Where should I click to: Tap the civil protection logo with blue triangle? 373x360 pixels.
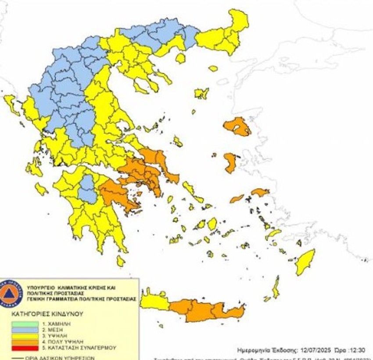tap(9, 293)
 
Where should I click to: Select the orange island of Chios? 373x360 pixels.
tap(230, 162)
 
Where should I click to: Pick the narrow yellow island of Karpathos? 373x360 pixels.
tap(276, 288)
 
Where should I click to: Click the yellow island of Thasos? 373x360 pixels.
tap(180, 58)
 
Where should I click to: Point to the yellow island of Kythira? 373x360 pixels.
tap(120, 262)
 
